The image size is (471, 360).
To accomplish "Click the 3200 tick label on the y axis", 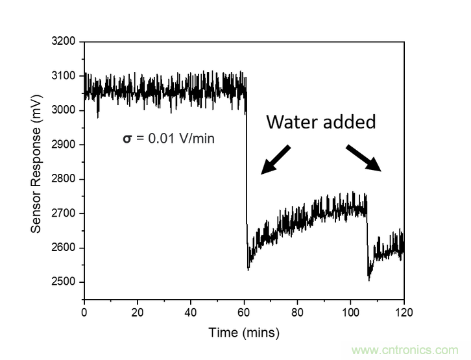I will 64,42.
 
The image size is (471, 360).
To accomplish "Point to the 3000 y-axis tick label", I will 64,110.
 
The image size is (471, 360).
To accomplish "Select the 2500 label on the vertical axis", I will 64,282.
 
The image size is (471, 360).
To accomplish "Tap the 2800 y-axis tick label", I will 64,179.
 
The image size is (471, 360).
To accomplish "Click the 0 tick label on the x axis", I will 84,312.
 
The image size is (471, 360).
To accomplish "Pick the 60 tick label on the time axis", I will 244,312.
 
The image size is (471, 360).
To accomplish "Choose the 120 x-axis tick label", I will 404,312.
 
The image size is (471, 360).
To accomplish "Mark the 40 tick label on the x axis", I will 191,312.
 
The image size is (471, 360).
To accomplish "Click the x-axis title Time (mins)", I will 244,333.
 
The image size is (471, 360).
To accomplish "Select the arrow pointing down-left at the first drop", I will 275,160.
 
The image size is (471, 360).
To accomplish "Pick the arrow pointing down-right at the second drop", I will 363,158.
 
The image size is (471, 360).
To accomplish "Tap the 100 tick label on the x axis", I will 350,312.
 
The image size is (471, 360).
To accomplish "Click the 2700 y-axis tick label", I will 64,213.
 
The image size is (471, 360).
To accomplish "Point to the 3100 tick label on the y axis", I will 64,76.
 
